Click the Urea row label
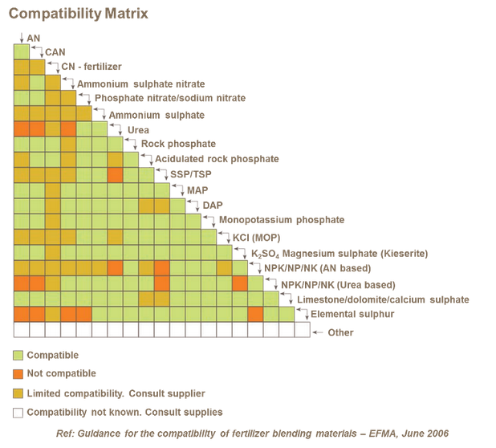coord(138,130)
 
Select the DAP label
coord(212,206)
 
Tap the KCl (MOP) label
coord(252,238)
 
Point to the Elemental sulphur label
coord(352,315)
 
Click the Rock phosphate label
coord(173,145)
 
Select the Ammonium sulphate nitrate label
coord(140,83)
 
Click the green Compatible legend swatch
coord(18,355)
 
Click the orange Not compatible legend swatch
coord(18,374)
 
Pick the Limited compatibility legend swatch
coord(18,393)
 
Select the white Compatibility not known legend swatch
coord(18,413)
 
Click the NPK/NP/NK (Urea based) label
coord(337,285)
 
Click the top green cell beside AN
coord(21,52)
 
